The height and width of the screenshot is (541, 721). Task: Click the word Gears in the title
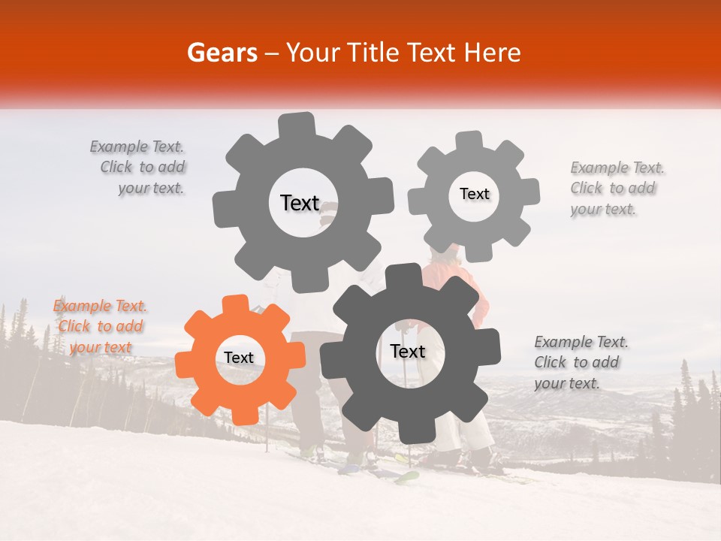(x=221, y=53)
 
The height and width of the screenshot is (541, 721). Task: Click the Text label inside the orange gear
(x=239, y=358)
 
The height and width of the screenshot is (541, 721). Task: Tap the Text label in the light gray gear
(x=474, y=194)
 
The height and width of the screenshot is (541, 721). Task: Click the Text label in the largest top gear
(x=300, y=203)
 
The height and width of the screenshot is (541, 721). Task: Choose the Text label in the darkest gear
(x=408, y=352)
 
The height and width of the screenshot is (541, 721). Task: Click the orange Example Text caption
(x=100, y=326)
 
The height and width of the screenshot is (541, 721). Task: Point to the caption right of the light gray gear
(x=615, y=189)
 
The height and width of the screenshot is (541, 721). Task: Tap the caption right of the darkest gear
(x=580, y=362)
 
